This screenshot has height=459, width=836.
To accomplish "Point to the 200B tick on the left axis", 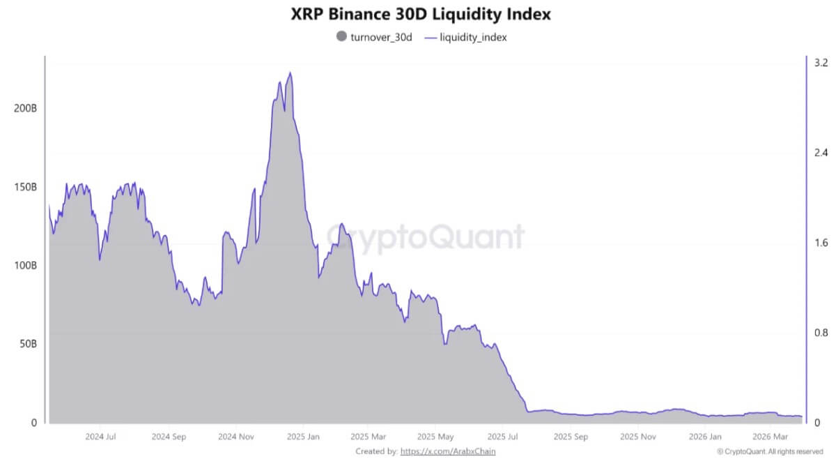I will [x=25, y=109].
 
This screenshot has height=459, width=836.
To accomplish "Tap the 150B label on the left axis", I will [x=25, y=187].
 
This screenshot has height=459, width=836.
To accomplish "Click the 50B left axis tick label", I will [x=28, y=344].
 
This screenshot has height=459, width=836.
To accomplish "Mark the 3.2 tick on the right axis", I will [x=821, y=62].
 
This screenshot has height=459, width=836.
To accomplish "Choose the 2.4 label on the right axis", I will [x=821, y=152].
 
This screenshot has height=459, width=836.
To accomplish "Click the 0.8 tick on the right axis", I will [x=821, y=333].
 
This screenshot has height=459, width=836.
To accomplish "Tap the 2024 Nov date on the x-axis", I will [x=237, y=437].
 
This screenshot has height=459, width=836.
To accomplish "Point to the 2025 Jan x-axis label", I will [x=303, y=437].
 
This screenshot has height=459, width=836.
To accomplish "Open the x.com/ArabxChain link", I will [x=450, y=451].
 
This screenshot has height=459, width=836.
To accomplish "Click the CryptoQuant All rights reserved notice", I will [x=769, y=451].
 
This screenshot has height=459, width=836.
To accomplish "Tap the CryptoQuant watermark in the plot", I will [x=426, y=236].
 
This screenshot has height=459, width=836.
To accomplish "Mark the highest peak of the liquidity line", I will [x=290, y=73].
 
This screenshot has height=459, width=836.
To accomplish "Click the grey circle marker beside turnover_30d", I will [x=341, y=37].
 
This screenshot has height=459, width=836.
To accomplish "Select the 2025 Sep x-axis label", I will [x=571, y=437].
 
